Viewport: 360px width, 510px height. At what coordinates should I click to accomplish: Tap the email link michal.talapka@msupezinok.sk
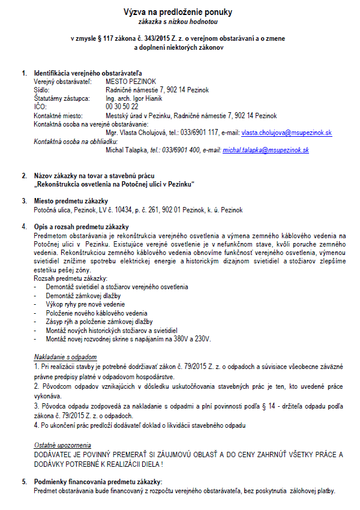point(266,150)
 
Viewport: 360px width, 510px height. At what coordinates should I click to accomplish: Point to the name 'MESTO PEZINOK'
point(131,81)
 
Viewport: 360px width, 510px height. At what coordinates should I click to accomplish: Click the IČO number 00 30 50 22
point(122,106)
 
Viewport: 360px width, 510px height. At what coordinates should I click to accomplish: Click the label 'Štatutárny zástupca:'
point(62,98)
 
